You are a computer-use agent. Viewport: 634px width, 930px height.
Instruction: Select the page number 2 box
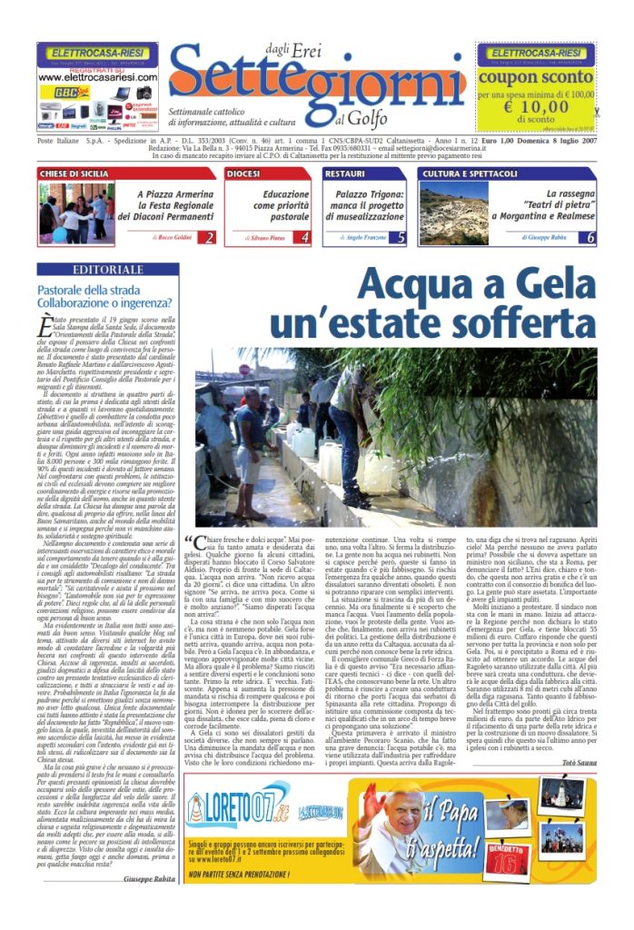209,237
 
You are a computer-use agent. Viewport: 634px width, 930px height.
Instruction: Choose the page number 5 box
401,237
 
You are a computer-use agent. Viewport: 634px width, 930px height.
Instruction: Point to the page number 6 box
616,237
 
